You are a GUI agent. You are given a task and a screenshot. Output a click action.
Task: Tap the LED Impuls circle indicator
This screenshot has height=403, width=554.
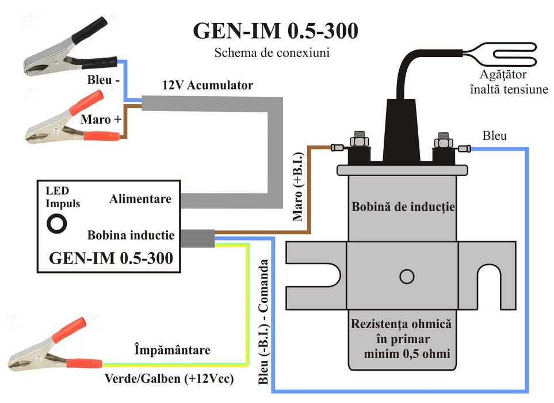coord(57,223)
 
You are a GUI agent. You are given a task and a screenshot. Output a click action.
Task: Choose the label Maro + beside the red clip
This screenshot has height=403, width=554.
coord(100,120)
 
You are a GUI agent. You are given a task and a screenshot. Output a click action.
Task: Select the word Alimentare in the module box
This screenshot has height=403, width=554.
coord(140,199)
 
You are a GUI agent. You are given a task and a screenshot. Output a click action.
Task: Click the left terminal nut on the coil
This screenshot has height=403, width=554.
coord(358,139)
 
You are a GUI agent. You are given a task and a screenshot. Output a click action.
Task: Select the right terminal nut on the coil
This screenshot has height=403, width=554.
coord(442,140)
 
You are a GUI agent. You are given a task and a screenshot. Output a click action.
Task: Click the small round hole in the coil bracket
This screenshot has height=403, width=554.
coord(407,277)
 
